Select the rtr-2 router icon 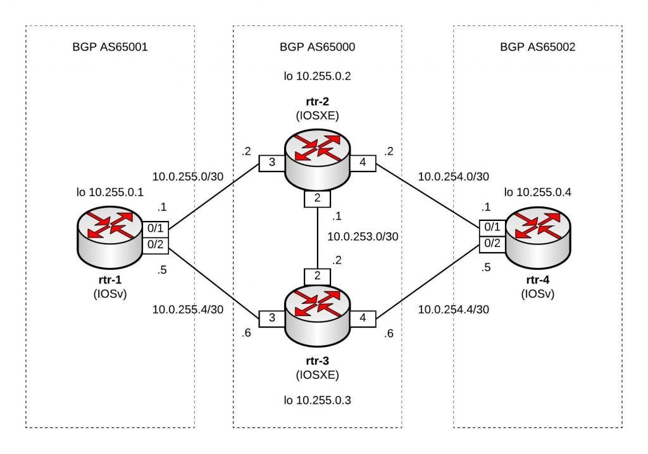pos(317,159)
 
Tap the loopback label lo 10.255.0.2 pos(317,77)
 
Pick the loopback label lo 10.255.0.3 pos(317,399)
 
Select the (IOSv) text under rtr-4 pos(537,294)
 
